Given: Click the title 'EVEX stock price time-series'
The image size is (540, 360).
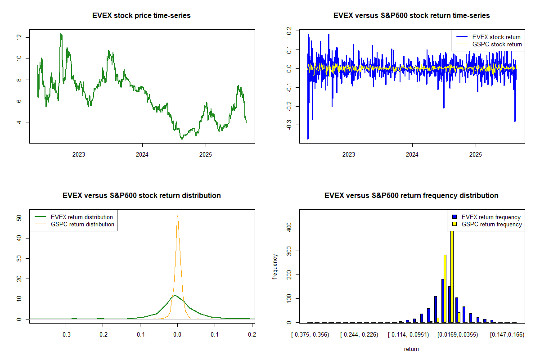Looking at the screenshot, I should point(142,16).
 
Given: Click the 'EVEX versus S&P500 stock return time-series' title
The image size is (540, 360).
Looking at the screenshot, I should point(411,16).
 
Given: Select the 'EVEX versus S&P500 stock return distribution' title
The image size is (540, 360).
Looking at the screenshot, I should point(142,196).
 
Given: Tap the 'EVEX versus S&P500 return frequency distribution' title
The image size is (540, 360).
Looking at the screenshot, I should point(411,196).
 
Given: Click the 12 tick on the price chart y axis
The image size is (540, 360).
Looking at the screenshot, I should point(19,37).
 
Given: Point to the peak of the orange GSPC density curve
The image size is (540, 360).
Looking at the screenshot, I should point(178,216).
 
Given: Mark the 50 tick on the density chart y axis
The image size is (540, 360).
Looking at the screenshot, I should point(19,217).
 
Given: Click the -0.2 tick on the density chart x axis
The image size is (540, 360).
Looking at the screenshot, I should point(103,335).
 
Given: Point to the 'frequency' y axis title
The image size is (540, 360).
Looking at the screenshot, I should point(275,267).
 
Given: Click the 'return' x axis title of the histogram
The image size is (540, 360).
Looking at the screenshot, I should point(411,349).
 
